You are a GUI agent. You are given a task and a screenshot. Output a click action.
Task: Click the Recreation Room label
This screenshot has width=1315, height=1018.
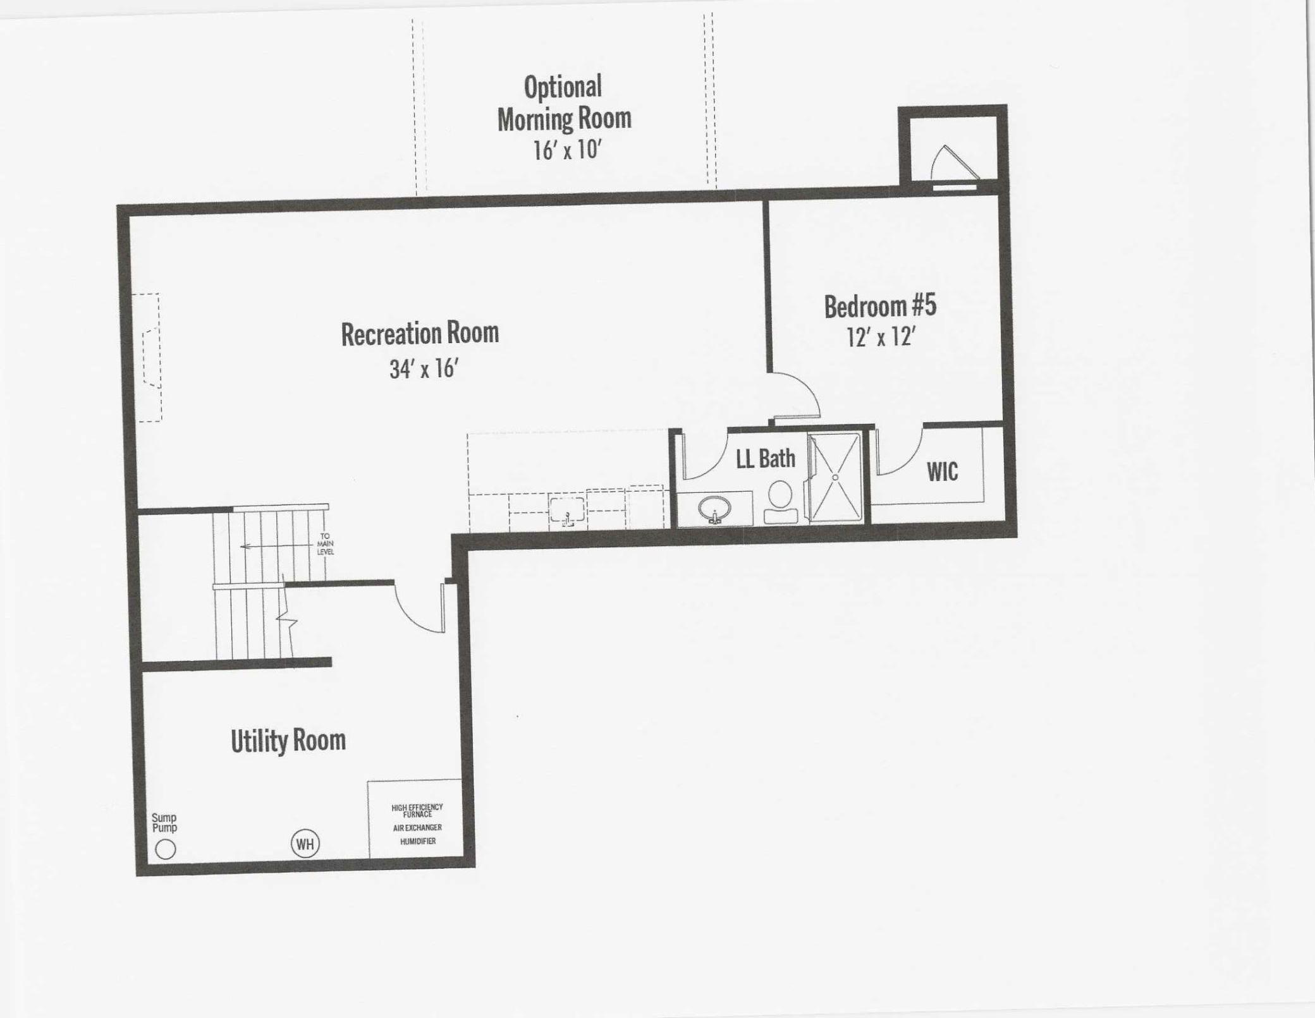420,334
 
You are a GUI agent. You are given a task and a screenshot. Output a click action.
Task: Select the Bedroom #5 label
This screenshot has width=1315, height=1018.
880,306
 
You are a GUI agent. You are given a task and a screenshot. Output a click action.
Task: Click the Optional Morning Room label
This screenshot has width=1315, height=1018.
564,103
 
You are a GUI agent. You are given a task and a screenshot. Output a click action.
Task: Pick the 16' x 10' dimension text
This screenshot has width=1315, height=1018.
567,150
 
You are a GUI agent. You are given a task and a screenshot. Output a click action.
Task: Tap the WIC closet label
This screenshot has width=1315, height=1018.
942,471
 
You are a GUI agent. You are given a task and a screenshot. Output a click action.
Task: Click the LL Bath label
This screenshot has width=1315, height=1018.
766,459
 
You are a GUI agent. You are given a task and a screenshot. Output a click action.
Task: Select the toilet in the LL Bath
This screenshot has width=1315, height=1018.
781,503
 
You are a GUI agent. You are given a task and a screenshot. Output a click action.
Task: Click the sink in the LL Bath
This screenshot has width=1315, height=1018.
715,508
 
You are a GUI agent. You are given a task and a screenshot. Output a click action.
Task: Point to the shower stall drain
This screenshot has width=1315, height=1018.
835,478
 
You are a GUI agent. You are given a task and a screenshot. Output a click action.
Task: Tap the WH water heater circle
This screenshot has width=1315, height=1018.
305,844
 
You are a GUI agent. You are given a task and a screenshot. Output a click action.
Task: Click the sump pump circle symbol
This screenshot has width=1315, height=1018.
166,849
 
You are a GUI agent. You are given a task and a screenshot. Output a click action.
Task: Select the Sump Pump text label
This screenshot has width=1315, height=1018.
164,823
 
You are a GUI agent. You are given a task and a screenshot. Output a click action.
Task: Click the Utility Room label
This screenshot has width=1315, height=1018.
288,741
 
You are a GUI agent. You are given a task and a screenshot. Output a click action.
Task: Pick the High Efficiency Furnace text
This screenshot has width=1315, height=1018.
417,811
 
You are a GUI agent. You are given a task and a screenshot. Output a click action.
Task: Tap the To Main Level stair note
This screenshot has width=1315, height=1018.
325,544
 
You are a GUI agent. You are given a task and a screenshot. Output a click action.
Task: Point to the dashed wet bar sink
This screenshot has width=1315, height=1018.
567,511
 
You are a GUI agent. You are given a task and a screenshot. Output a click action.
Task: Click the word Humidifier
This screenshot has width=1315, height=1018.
418,842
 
